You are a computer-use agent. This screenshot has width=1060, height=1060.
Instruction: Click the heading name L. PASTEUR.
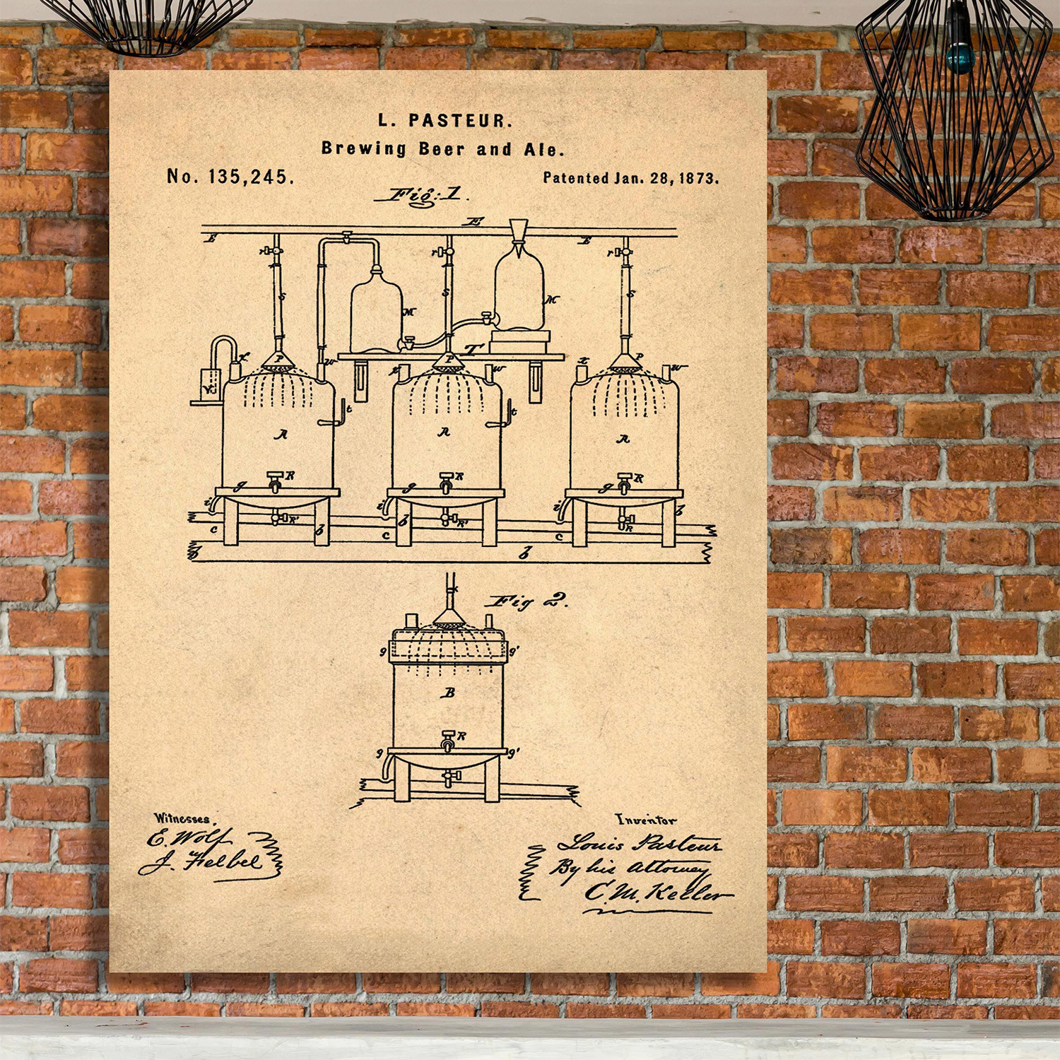click(444, 121)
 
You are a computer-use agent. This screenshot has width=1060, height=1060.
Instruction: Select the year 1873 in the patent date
click(698, 179)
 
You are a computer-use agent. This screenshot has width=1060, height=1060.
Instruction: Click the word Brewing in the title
click(364, 148)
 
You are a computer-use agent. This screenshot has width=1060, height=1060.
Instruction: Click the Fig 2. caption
click(527, 601)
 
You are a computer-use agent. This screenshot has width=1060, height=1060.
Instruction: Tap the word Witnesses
click(182, 818)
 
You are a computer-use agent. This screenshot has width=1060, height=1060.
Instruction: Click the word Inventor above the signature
click(645, 820)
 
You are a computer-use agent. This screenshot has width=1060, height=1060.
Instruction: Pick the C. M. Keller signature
click(654, 893)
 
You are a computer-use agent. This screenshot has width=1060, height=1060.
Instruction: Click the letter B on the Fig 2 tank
click(448, 693)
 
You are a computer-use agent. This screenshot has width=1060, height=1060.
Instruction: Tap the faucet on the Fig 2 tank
click(448, 741)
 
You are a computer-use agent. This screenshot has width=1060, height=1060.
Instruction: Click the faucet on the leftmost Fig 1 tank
click(276, 482)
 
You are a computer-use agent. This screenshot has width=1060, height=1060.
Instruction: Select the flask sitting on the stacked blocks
click(519, 292)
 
